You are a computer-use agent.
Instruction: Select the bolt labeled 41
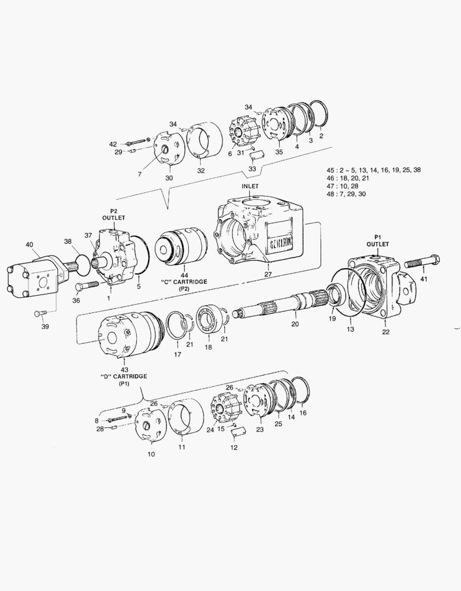[x=422, y=263]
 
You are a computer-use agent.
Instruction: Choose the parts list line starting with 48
[x=346, y=194]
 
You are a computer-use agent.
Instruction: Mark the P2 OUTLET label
[x=114, y=214]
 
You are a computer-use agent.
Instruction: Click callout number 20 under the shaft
[x=295, y=324]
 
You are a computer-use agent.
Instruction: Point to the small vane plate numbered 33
[x=255, y=154]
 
